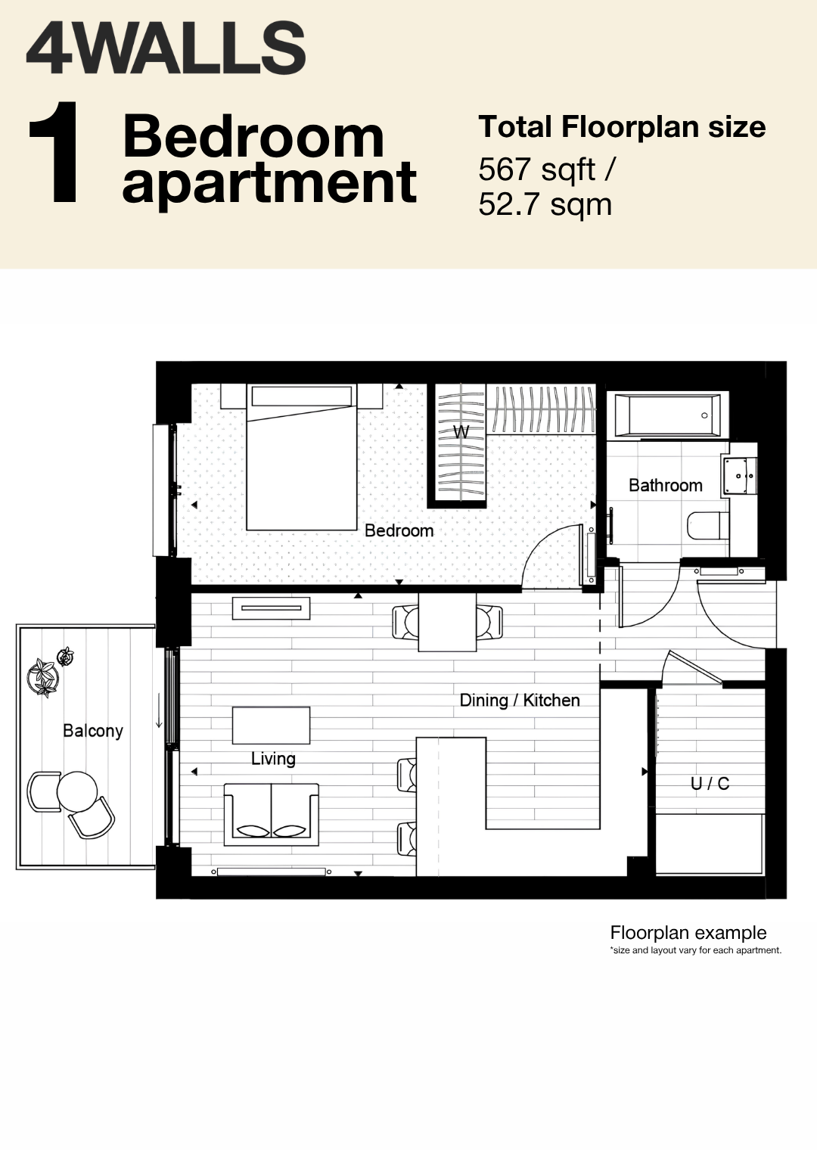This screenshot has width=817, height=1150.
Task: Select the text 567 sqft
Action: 537,169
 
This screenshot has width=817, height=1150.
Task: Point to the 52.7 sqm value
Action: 545,205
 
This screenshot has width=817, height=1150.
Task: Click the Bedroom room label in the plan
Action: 399,530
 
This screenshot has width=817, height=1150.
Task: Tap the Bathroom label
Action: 665,485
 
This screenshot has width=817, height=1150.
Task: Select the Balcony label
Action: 93,731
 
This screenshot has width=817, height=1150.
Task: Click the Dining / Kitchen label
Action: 520,701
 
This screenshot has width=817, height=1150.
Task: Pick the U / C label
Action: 710,784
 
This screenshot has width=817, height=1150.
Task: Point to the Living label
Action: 273,759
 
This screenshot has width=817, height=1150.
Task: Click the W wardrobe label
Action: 461,432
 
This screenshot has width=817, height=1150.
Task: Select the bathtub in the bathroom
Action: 667,415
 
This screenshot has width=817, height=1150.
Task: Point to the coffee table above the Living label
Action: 271,726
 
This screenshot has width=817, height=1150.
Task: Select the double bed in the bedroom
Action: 301,457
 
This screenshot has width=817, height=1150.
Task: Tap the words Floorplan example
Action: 688,932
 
